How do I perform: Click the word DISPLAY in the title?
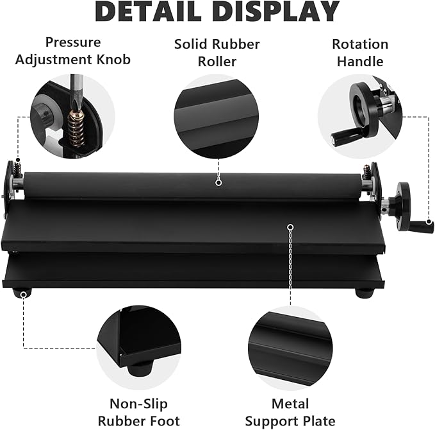278,12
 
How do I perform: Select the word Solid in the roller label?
193,44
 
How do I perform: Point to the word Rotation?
360,44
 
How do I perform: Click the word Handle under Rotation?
360,62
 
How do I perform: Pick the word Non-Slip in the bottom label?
139,404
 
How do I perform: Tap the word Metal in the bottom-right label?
290,404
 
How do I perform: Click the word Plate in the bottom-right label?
318,422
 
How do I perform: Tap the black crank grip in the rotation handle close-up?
343,137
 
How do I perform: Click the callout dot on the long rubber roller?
218,183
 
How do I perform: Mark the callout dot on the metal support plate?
290,227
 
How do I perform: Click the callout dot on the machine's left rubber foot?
24,294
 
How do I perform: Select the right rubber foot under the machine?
365,293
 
